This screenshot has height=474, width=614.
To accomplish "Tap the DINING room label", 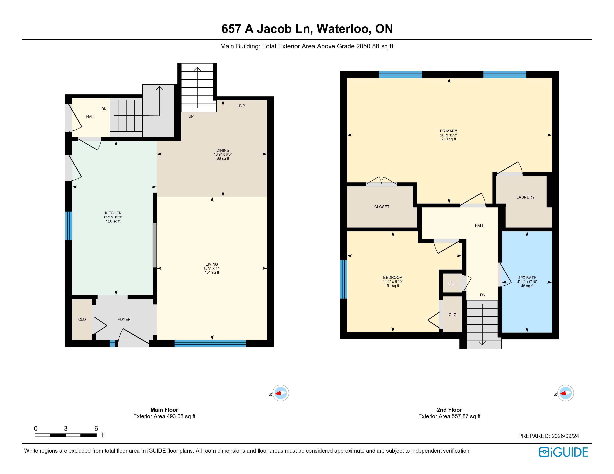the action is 223,150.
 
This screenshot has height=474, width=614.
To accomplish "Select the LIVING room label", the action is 212,264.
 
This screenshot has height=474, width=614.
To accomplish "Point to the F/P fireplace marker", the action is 242,106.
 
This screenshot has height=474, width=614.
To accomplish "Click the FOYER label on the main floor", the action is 124,320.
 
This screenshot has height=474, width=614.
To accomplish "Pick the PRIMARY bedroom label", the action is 449,131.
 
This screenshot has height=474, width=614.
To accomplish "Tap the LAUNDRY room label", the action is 525,197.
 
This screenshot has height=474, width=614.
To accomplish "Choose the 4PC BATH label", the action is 527,278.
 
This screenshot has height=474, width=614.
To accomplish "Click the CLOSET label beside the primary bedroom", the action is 382,207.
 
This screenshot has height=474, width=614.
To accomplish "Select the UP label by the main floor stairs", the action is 191,116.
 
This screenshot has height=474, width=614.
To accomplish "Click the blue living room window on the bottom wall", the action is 210,344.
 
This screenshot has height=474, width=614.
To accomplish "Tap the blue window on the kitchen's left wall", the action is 69,226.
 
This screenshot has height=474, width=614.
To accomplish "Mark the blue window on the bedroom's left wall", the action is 343,279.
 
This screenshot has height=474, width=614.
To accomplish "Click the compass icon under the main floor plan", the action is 281,393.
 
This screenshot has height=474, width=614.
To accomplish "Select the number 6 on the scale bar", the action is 96,428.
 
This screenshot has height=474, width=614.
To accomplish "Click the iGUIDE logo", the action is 563,452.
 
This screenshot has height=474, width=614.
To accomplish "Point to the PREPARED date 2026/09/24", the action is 565,436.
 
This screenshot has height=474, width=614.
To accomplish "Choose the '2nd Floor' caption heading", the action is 449,410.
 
